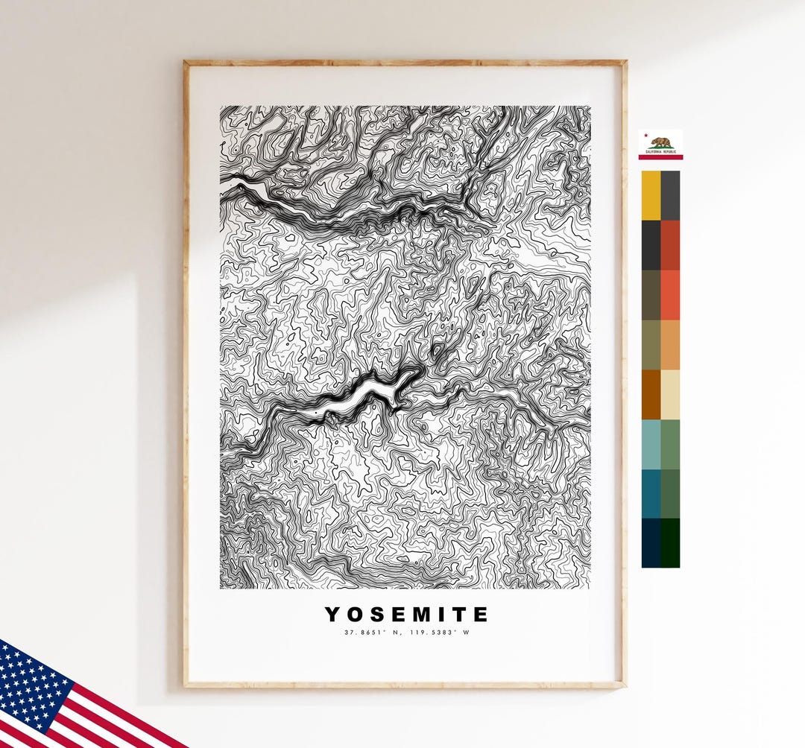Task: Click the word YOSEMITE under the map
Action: point(406,615)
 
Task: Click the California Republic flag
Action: point(660,145)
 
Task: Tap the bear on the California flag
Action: point(660,142)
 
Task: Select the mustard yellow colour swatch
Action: point(651,195)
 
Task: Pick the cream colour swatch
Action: point(670,395)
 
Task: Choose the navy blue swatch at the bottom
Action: point(651,542)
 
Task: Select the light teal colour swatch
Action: point(651,444)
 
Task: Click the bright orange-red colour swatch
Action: point(670,295)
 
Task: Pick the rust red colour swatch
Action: point(670,245)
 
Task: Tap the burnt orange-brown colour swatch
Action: point(651,395)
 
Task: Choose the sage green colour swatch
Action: point(670,444)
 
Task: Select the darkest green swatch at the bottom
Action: point(670,542)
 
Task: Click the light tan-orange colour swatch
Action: point(670,345)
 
